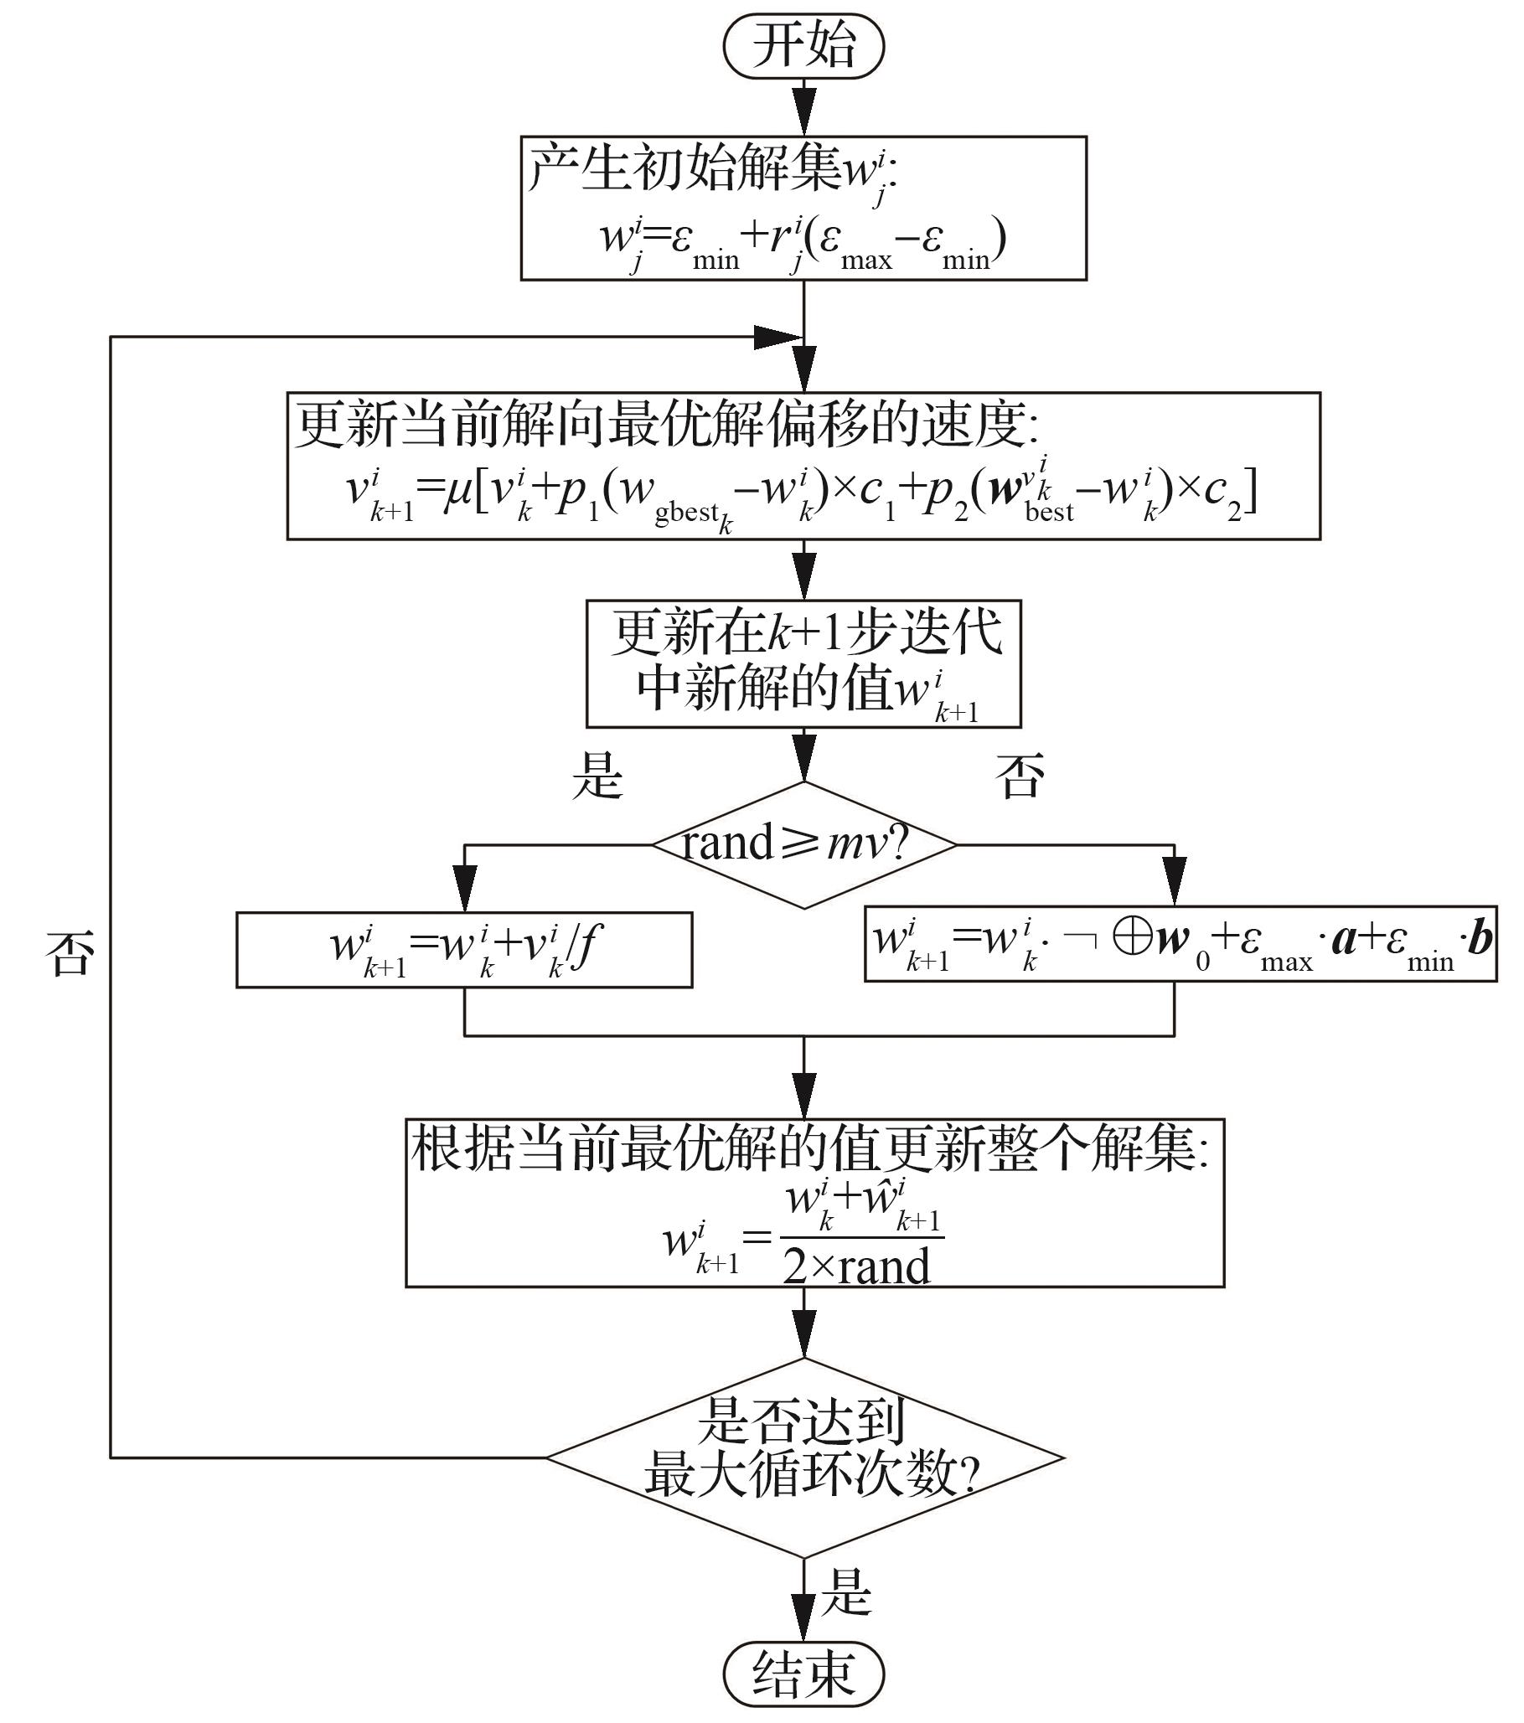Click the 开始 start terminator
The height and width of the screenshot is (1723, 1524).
coord(803,46)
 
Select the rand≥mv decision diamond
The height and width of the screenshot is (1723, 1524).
coord(803,844)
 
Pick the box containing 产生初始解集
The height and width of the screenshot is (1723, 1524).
coord(803,209)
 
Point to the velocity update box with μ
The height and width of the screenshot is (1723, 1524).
coord(803,466)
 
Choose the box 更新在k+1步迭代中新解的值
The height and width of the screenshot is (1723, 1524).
coord(803,664)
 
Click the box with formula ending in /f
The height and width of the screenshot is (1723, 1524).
coord(463,949)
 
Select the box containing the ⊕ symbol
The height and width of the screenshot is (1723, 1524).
coord(1180,944)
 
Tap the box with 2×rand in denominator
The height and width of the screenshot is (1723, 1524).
coord(814,1203)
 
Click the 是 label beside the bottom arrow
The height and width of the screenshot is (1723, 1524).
coord(845,1591)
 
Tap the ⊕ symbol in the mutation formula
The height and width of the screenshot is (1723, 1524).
coord(1132,938)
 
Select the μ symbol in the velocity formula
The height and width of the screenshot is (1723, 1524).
coord(456,491)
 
